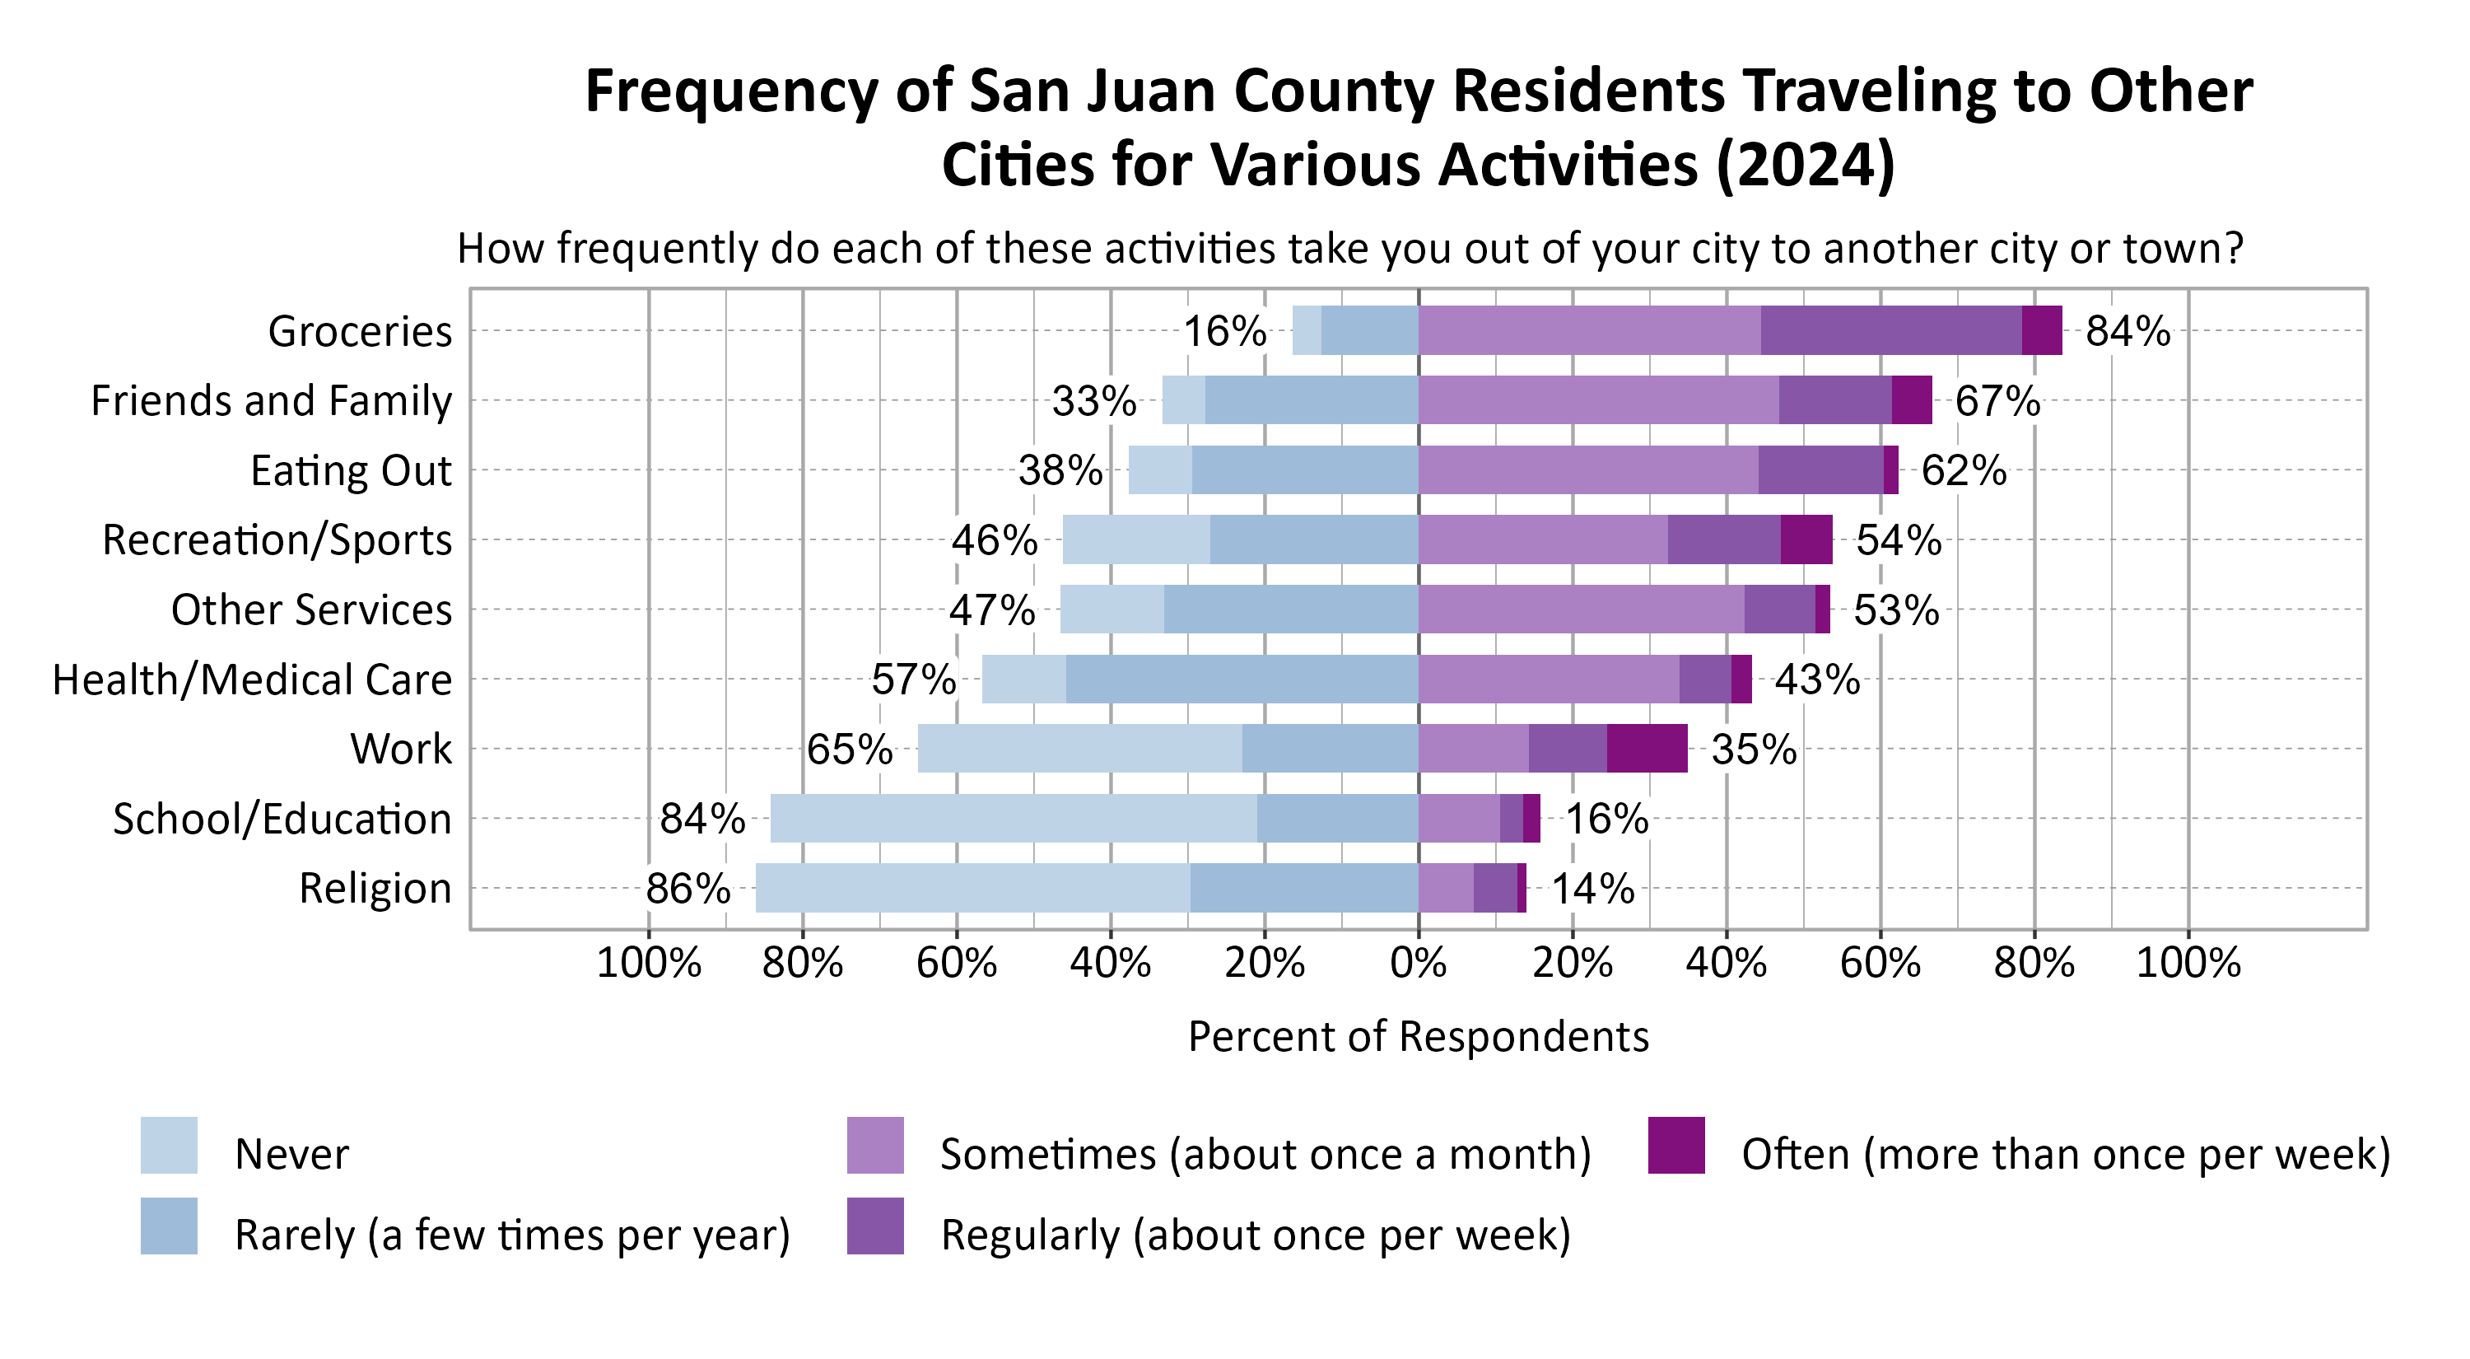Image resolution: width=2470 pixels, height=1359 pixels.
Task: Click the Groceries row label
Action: point(360,331)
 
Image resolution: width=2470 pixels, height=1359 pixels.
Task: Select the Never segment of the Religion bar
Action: point(972,888)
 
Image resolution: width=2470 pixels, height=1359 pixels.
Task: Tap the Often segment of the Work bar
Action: point(1647,748)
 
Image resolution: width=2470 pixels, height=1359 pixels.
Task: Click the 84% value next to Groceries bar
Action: point(2127,331)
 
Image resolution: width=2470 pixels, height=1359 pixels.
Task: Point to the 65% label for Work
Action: point(850,749)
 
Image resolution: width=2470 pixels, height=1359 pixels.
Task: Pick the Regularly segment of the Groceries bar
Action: point(1891,330)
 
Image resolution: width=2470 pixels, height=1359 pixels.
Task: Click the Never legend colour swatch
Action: point(169,1145)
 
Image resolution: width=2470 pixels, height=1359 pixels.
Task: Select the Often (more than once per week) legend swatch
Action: point(1676,1145)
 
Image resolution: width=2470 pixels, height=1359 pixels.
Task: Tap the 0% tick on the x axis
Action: point(1418,962)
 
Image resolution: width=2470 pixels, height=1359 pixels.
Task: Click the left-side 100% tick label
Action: point(648,962)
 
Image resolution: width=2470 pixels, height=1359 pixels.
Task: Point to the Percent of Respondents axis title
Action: point(1418,1037)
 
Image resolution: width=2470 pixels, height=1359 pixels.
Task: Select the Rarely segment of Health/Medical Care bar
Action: point(1242,679)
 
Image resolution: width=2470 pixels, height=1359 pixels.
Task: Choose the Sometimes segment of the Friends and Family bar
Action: point(1598,400)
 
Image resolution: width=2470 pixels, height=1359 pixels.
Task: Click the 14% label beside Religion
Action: point(1592,888)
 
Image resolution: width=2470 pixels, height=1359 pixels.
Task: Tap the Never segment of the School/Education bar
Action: point(1014,818)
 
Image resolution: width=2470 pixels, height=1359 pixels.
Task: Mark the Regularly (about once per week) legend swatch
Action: point(874,1226)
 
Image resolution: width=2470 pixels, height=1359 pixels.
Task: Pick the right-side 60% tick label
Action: point(1880,962)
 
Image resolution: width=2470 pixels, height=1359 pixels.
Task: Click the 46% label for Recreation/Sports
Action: point(995,540)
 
